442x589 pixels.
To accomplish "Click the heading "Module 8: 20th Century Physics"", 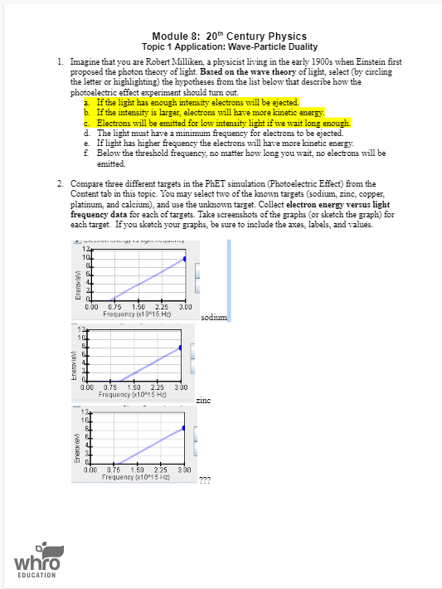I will tap(230, 37).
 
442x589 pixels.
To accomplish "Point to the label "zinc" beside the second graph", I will tap(204, 401).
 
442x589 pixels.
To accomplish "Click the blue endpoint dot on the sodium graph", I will tap(184, 259).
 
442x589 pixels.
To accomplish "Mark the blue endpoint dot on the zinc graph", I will tap(180, 348).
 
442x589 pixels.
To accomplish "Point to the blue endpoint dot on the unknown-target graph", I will tap(184, 429).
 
